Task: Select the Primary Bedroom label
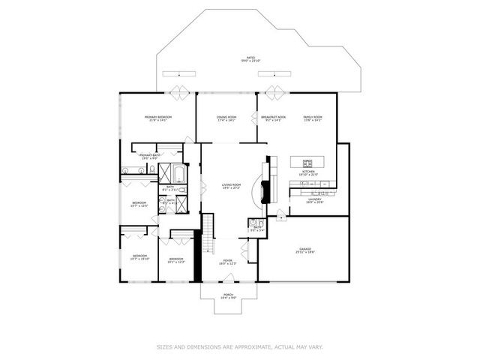[158, 118]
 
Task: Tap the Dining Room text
[226, 118]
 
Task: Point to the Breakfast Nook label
[271, 118]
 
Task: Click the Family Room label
[312, 118]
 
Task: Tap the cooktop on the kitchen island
[308, 162]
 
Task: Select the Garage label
[304, 251]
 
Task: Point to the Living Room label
[230, 186]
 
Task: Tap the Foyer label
[227, 262]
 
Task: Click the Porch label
[229, 296]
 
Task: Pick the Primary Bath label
[148, 156]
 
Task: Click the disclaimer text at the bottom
[239, 346]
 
